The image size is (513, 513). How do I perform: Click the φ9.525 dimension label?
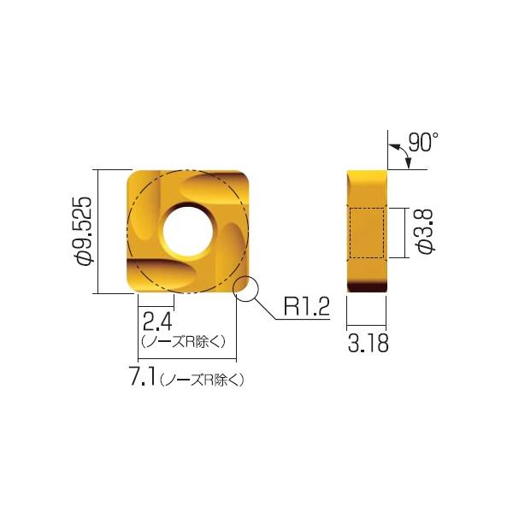pos(84,232)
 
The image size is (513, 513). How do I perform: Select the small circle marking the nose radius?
pos(247,289)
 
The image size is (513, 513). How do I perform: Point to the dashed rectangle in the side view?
pos(368,232)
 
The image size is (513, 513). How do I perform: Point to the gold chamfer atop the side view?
pos(368,175)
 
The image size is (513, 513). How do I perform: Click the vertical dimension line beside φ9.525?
pos(102,231)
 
